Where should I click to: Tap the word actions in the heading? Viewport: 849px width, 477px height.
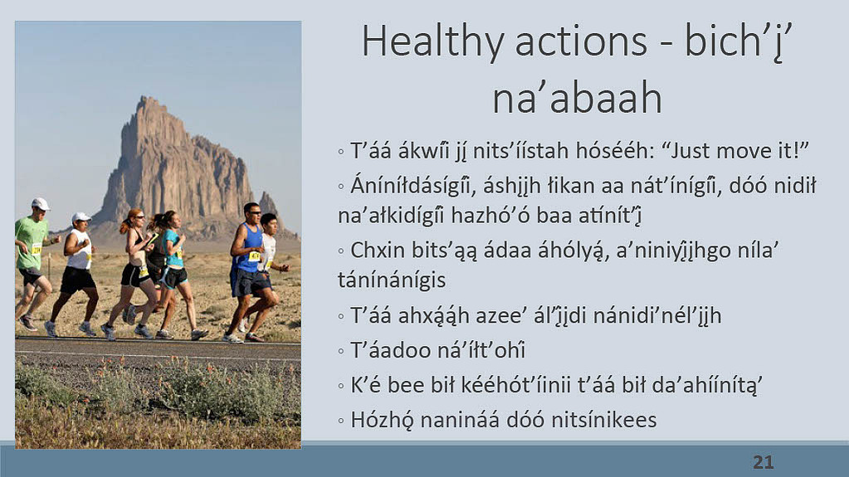[581, 41]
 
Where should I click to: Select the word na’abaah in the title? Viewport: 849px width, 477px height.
[577, 98]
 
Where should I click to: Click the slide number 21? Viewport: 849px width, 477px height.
[764, 462]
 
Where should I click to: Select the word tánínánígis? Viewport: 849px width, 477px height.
[392, 280]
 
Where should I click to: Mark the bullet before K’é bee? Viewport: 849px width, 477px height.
[340, 386]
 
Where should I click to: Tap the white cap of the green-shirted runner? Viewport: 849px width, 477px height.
[40, 203]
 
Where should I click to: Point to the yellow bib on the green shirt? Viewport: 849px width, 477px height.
[37, 249]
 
